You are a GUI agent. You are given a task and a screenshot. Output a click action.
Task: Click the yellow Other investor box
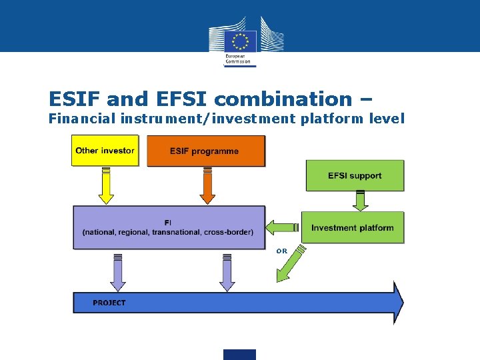click(105, 151)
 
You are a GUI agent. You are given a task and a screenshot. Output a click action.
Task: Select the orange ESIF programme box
click(205, 151)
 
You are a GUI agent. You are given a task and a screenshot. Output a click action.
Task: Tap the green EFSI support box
click(355, 176)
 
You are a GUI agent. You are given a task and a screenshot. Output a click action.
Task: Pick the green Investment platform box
click(352, 227)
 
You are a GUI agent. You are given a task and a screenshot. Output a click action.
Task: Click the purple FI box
click(168, 227)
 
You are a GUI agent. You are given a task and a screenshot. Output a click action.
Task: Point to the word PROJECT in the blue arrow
click(109, 303)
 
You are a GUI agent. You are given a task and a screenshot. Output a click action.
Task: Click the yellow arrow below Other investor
click(105, 187)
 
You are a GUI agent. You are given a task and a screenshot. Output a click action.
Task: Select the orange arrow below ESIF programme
click(207, 187)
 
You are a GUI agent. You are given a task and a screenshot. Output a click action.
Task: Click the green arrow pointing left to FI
click(281, 227)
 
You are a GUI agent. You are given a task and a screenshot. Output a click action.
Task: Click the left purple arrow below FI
click(118, 273)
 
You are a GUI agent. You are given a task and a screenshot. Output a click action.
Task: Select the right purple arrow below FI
click(227, 273)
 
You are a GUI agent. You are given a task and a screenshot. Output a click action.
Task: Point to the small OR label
click(281, 251)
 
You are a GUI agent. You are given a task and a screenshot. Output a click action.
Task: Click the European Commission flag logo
click(240, 39)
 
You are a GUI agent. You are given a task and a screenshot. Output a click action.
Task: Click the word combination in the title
click(283, 99)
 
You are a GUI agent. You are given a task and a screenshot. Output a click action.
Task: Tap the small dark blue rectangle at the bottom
click(240, 354)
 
